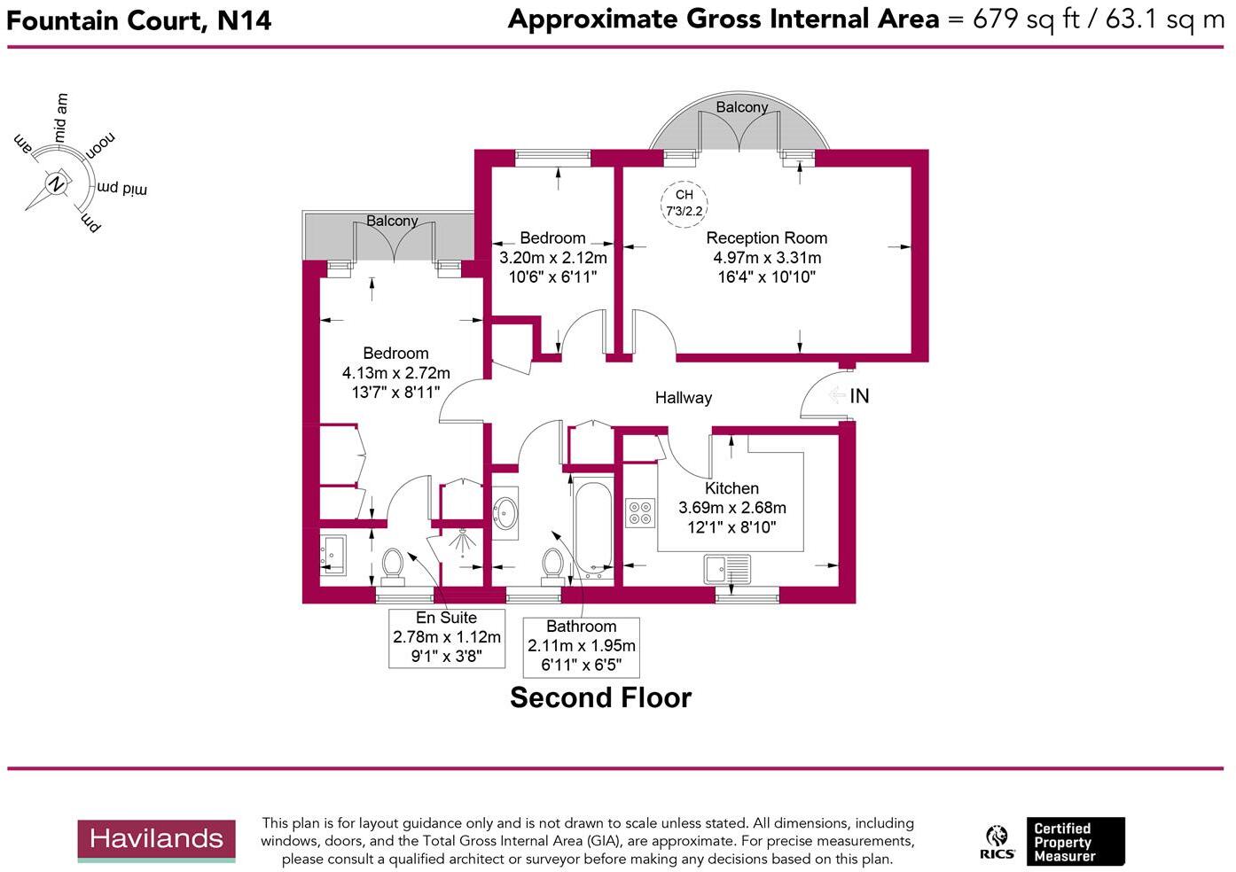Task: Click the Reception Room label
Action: [x=766, y=237]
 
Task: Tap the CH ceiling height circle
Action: [x=684, y=203]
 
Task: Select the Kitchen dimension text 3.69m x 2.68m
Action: [x=731, y=508]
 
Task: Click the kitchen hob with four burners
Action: [x=640, y=513]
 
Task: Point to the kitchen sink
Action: [x=727, y=568]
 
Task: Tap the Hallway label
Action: [x=683, y=398]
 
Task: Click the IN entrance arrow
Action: [x=836, y=395]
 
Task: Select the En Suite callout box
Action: [x=447, y=638]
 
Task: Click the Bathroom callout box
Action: [x=581, y=647]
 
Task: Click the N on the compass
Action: [x=56, y=183]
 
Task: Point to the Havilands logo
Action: [x=156, y=840]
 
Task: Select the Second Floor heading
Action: [x=600, y=697]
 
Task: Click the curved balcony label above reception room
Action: [x=741, y=107]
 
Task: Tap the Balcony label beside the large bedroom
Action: [x=392, y=221]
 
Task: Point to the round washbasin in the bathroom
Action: [x=506, y=512]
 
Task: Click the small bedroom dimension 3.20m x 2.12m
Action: [x=552, y=258]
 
